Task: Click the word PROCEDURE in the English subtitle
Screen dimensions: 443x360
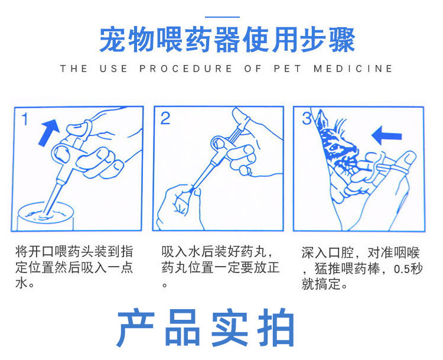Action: pos(185,69)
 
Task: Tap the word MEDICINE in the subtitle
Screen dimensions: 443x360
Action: pos(353,69)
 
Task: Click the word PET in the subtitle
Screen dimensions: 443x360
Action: pos(287,69)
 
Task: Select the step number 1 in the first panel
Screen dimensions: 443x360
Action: pos(25,119)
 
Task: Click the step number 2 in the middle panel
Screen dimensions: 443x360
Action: pos(165,118)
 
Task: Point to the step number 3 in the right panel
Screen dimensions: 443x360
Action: pos(307,118)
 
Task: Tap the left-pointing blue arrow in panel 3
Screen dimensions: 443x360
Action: pos(386,135)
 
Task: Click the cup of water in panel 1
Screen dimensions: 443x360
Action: pos(45,216)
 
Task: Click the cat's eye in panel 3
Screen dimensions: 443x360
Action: pos(335,147)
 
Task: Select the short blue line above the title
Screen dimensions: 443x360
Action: pos(222,17)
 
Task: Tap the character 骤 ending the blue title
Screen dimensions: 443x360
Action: pos(342,39)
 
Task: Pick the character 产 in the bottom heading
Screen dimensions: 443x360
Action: pos(136,327)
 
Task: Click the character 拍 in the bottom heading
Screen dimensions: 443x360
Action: pos(276,327)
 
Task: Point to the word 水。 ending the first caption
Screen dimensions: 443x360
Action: pos(25,283)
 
